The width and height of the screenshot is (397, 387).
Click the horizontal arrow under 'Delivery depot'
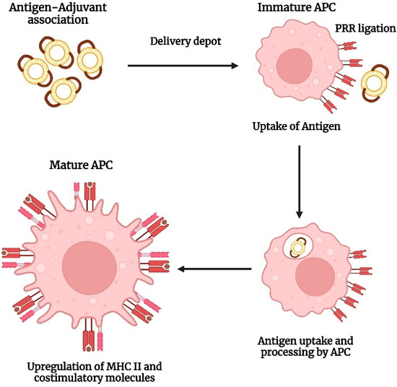pos(183,66)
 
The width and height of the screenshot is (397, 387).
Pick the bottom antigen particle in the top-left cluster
pos(67,90)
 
